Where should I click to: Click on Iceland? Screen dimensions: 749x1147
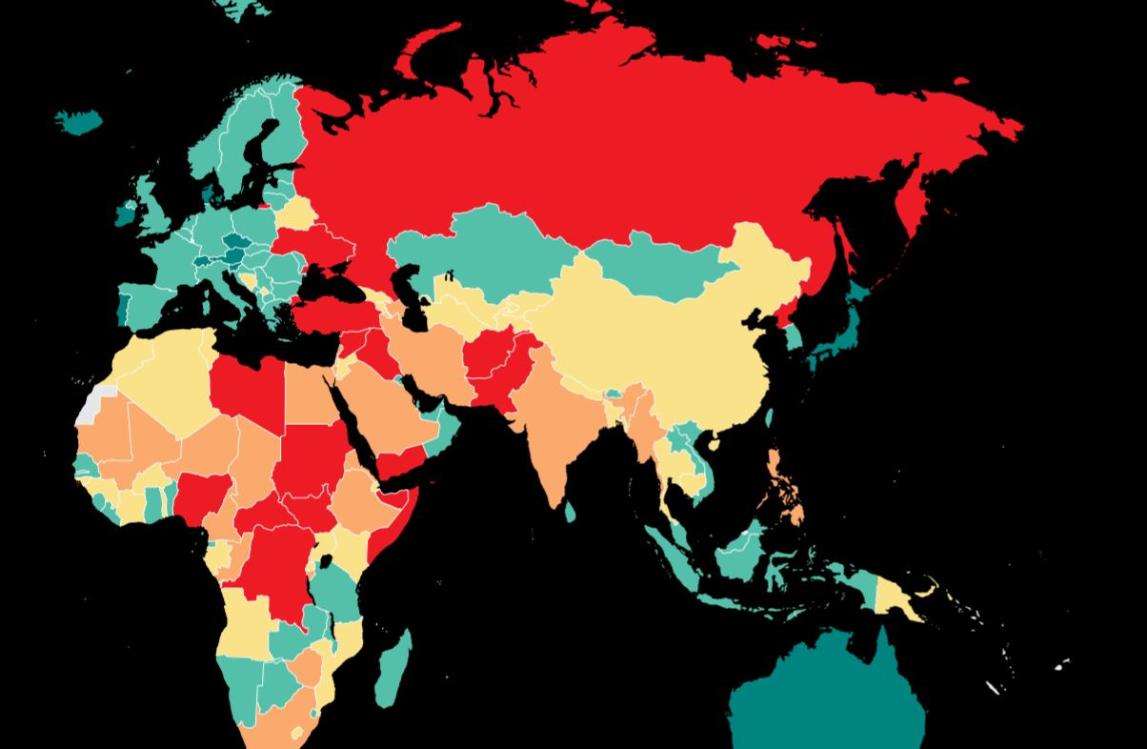[78, 121]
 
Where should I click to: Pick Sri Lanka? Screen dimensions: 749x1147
[570, 512]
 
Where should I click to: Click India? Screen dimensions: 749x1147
[553, 429]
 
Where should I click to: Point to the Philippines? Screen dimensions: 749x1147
[783, 476]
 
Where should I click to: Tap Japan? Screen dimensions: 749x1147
[843, 334]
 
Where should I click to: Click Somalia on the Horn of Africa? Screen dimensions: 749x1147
[392, 519]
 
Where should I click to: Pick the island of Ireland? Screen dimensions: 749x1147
[126, 212]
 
